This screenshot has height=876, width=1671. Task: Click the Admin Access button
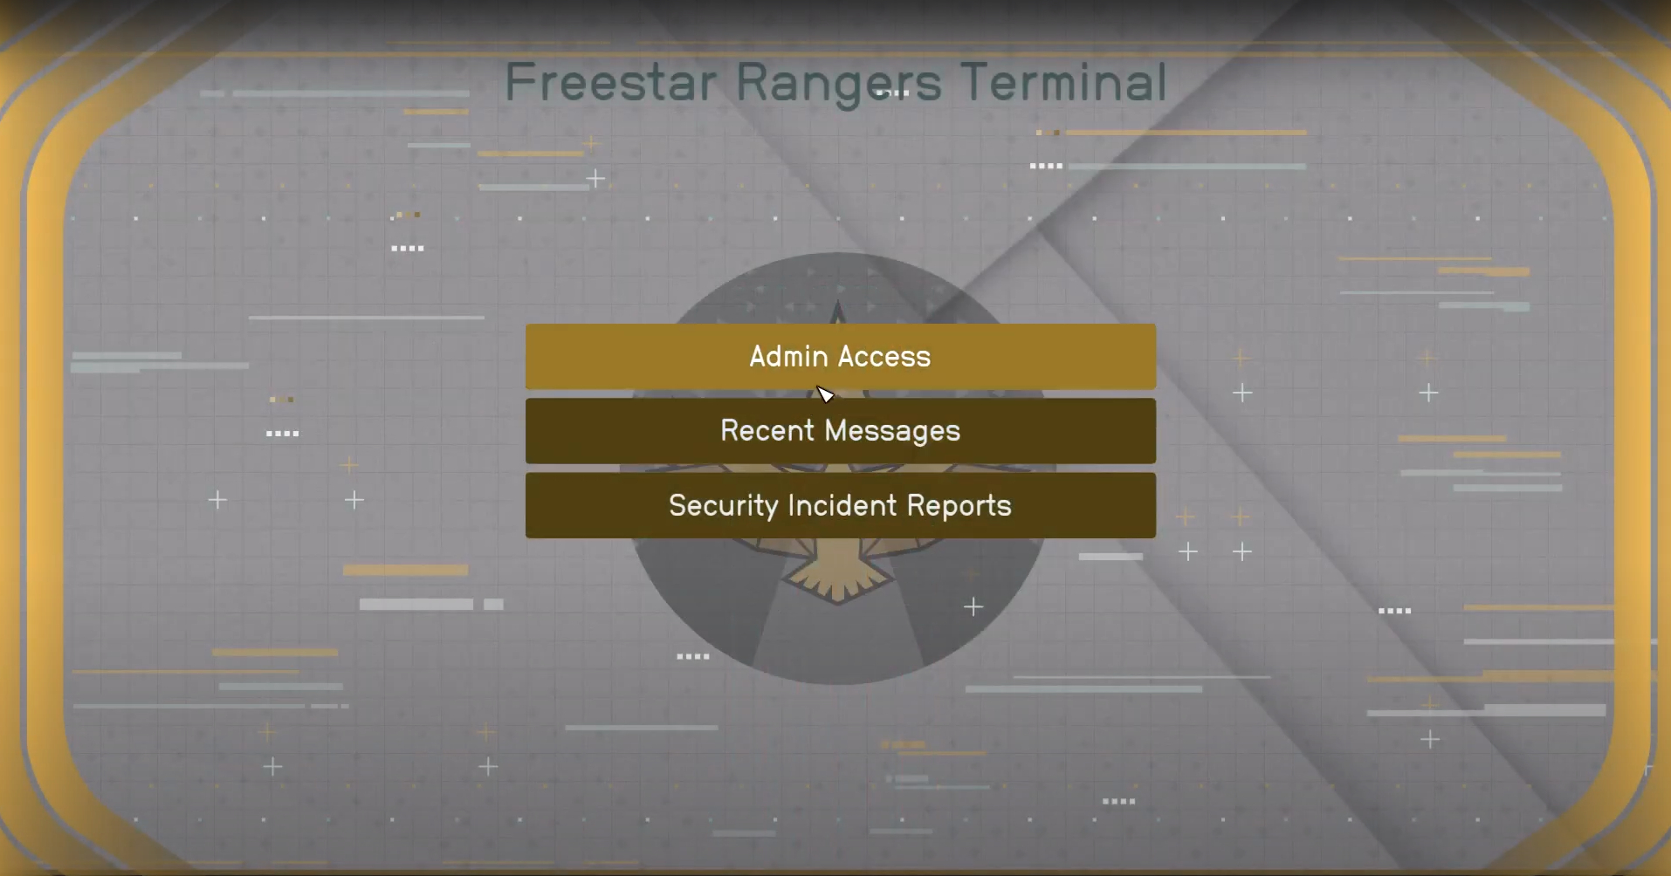click(841, 356)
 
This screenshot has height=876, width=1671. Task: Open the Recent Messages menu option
click(841, 431)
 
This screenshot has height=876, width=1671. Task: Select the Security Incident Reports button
click(841, 505)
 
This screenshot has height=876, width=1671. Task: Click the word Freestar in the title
click(611, 82)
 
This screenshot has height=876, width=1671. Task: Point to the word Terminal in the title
click(1063, 82)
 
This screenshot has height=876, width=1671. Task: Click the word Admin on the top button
click(788, 356)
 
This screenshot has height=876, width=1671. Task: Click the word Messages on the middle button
click(892, 432)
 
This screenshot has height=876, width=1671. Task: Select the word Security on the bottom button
click(723, 507)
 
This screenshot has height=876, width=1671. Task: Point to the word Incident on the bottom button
click(842, 505)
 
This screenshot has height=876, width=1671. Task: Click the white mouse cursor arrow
click(825, 395)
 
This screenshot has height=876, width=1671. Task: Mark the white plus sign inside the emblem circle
click(973, 606)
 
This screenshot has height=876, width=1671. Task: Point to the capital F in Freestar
click(520, 82)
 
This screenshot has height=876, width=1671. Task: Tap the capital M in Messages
click(836, 430)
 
